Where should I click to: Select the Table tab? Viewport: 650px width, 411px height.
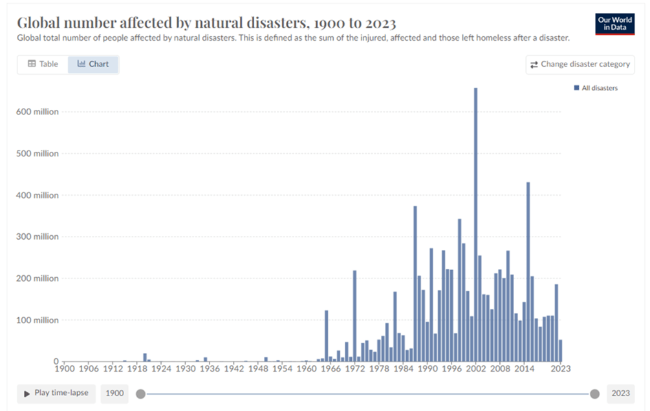[43, 64]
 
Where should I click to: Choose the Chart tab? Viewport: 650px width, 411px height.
[93, 64]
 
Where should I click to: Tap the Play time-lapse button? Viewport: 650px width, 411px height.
[56, 393]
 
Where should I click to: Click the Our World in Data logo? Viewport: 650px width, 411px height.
[614, 23]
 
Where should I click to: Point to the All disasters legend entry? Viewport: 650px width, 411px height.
[596, 88]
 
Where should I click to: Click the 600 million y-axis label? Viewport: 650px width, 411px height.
[37, 112]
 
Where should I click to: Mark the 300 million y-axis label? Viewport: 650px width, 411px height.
[37, 237]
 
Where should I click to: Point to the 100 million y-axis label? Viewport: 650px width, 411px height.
[37, 320]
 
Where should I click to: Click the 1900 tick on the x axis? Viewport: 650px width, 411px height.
[65, 369]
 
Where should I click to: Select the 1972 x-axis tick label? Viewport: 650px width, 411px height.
[354, 369]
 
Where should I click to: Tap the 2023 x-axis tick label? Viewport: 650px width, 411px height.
[561, 369]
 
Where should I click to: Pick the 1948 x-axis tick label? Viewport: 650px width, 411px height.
[258, 369]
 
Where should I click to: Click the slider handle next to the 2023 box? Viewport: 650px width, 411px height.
[594, 394]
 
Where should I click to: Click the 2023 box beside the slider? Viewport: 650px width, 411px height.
[621, 394]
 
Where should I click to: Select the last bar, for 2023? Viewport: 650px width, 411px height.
[561, 351]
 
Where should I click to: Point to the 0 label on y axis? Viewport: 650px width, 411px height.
[56, 361]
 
